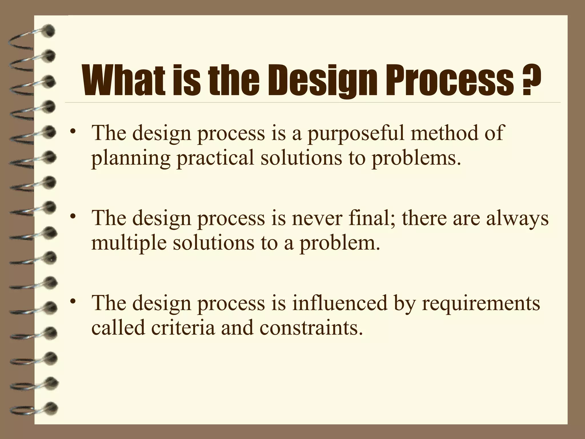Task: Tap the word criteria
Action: click(x=183, y=328)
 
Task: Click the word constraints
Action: click(x=308, y=328)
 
